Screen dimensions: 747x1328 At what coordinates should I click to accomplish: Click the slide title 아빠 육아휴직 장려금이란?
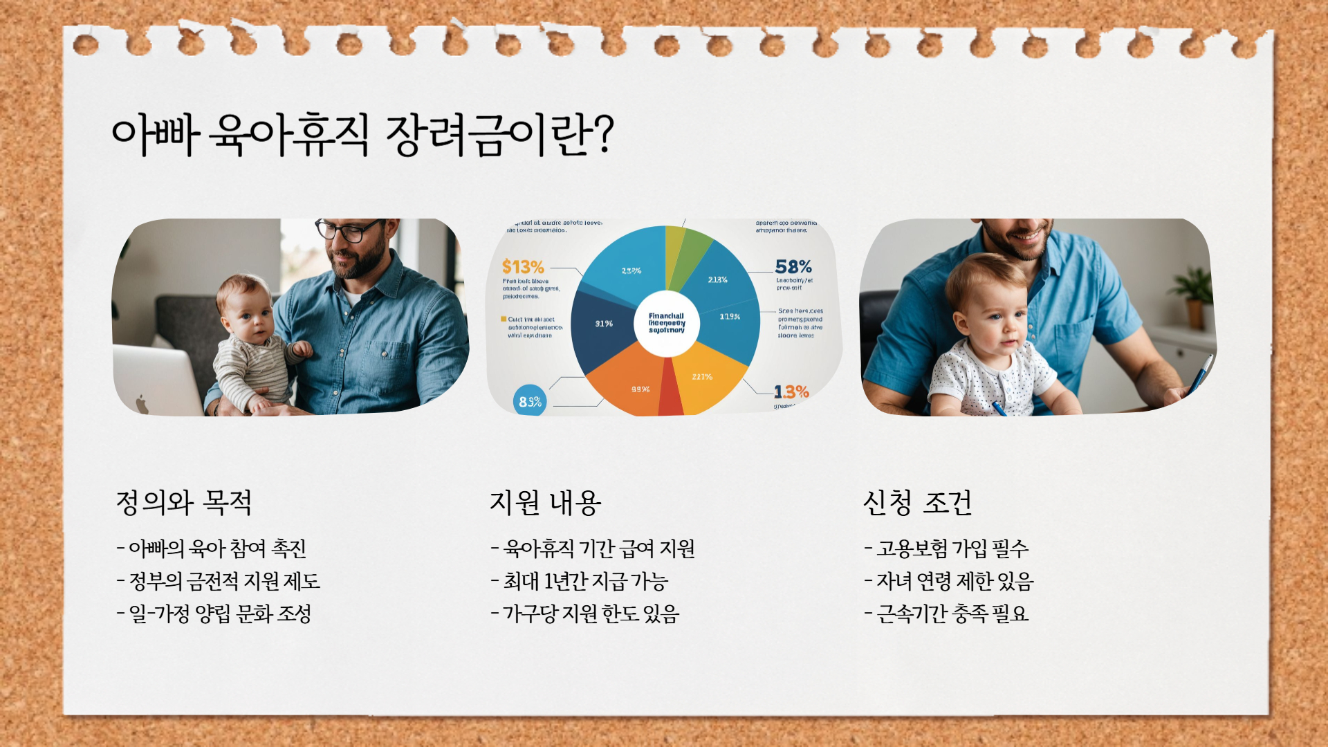click(x=362, y=134)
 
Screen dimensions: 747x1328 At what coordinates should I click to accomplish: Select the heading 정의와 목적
click(x=183, y=503)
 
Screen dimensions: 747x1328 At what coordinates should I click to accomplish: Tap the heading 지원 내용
click(x=545, y=503)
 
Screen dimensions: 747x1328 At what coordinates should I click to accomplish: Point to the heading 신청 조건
click(x=917, y=503)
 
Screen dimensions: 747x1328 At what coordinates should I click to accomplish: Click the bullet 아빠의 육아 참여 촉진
click(x=212, y=548)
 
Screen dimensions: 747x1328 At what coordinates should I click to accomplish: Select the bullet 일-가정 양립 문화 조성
click(x=214, y=614)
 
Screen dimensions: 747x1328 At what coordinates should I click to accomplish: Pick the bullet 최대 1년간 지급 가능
click(x=580, y=581)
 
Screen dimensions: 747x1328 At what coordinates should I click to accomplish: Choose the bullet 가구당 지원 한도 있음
click(x=585, y=614)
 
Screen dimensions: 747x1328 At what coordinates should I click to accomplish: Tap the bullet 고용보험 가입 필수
click(x=947, y=548)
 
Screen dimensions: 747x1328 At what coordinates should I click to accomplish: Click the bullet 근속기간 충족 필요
click(x=947, y=614)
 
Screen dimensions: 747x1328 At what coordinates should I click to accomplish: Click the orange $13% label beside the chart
click(x=523, y=267)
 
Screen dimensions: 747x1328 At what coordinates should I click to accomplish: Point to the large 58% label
click(x=793, y=266)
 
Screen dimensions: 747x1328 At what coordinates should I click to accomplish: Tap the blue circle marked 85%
click(x=530, y=401)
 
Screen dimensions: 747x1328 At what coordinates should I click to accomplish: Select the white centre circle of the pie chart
click(x=667, y=323)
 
